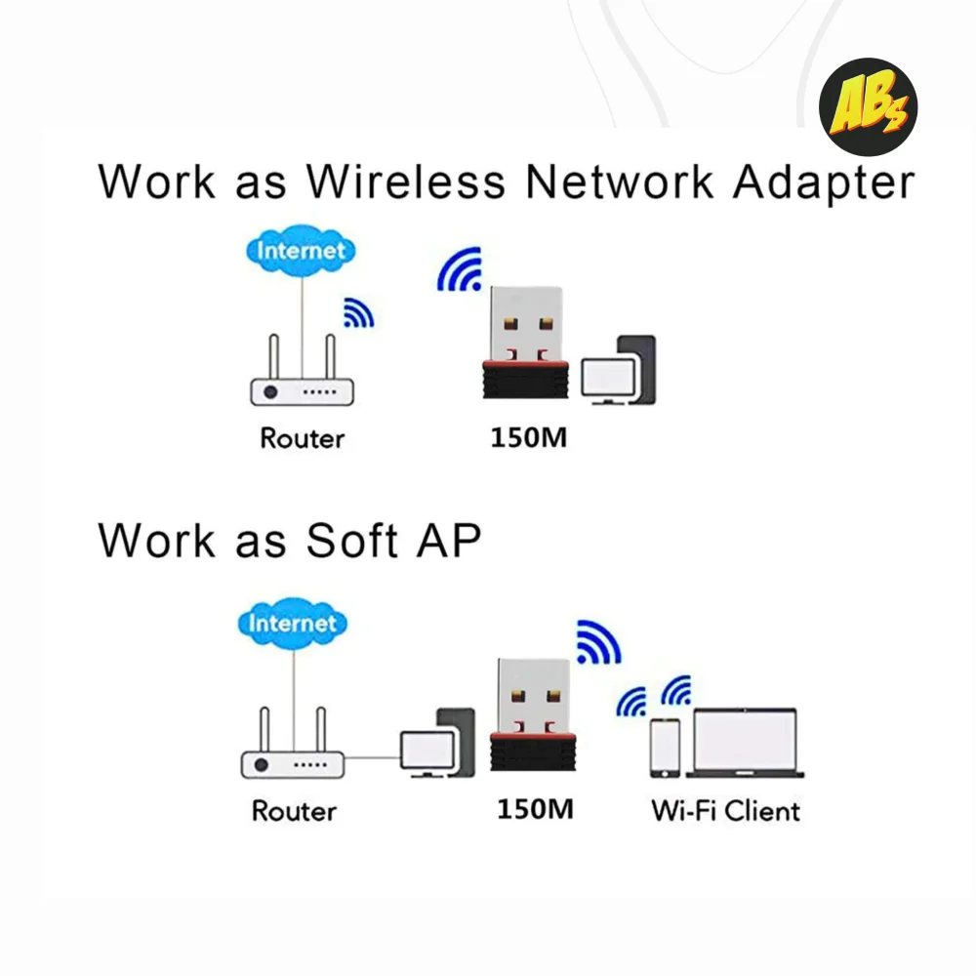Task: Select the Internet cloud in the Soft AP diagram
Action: (291, 623)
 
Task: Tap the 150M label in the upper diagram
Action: (528, 438)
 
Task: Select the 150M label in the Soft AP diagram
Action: (534, 810)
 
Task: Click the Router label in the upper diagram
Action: (302, 438)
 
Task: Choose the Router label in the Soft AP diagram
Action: (293, 811)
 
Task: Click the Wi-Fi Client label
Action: (725, 811)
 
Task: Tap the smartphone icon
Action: (666, 748)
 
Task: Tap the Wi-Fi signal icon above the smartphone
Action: (632, 702)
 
